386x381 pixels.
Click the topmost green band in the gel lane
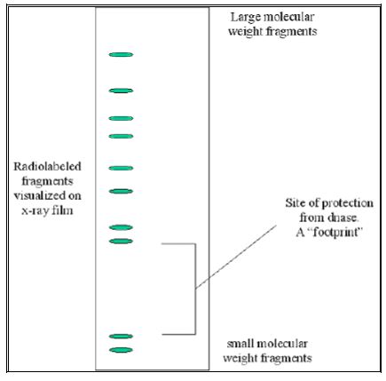[x=121, y=54]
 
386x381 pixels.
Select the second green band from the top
[x=121, y=91]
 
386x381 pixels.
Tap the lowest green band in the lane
[x=121, y=350]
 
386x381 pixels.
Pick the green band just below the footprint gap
[x=121, y=337]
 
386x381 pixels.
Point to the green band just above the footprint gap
[x=121, y=242]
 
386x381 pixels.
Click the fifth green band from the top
[x=121, y=168]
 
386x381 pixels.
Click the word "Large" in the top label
[x=245, y=18]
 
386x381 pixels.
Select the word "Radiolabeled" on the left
[x=47, y=166]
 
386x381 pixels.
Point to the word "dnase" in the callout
[x=343, y=218]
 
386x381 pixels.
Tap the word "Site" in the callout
[x=295, y=203]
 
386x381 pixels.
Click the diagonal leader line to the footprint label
[x=236, y=257]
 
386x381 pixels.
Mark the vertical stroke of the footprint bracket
[x=195, y=289]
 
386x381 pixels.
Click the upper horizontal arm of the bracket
[x=178, y=244]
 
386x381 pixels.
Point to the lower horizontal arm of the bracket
[x=178, y=334]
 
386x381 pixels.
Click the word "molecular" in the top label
[x=288, y=17]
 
